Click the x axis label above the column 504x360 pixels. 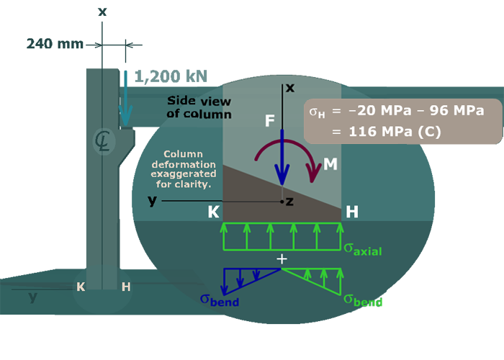[290, 88]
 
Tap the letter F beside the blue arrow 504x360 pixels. [270, 121]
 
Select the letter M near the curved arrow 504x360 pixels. [330, 164]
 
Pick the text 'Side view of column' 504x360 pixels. [199, 107]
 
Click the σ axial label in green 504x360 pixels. [362, 250]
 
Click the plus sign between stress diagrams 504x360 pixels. [282, 258]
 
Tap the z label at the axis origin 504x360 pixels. [289, 202]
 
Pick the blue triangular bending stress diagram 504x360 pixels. [248, 277]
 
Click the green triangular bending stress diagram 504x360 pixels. [317, 280]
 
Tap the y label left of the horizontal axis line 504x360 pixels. [152, 201]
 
